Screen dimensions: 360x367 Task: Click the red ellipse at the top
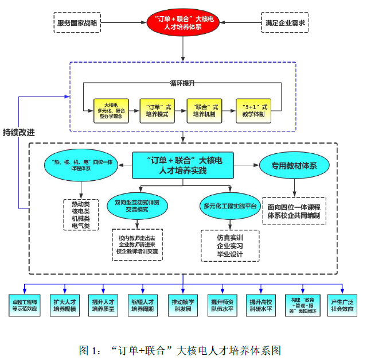[x=183, y=24]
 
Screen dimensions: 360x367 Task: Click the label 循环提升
[x=182, y=84]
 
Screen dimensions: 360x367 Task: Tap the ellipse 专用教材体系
[x=295, y=166]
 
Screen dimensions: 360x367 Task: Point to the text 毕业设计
[x=230, y=253]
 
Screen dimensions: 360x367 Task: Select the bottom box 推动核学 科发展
[x=183, y=304]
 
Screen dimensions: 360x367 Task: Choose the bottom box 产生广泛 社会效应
[x=342, y=304]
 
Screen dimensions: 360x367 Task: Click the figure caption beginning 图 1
[x=179, y=349]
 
